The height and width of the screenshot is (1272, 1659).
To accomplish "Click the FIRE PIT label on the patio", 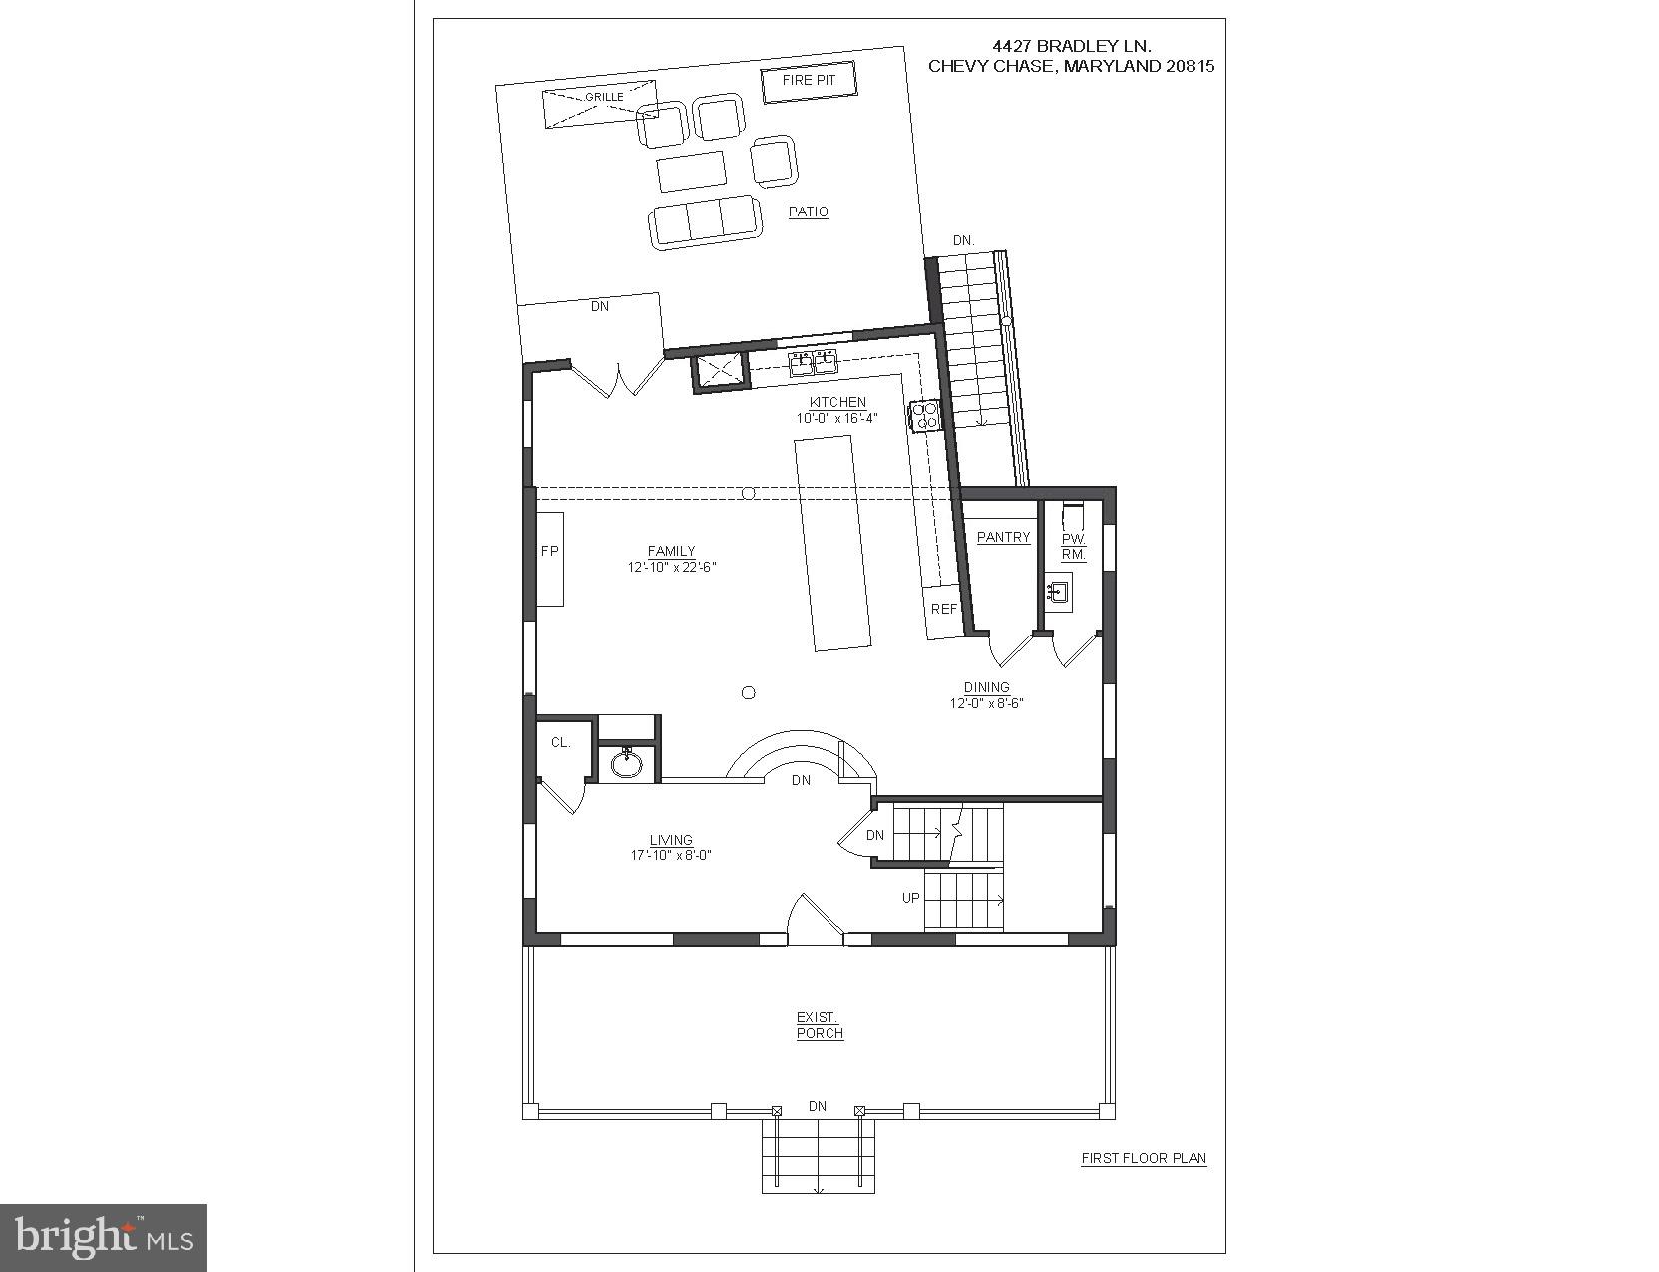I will [x=809, y=81].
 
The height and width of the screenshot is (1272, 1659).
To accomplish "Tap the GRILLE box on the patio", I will [x=599, y=103].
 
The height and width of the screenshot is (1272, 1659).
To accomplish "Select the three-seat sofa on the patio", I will [x=704, y=220].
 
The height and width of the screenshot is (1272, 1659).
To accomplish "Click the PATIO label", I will [x=808, y=212].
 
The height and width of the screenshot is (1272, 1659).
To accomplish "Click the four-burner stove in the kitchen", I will [x=924, y=415].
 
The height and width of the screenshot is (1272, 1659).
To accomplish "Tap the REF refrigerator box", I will [x=943, y=609].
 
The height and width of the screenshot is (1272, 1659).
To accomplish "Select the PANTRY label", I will [x=1003, y=537].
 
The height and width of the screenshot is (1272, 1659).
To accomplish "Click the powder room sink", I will [x=1057, y=593].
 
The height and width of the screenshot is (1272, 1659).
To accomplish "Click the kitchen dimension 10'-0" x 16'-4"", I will [x=836, y=418].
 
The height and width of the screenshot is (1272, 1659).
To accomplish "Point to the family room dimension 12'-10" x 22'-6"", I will [x=671, y=566].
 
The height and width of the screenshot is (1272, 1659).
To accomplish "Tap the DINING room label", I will [x=986, y=687].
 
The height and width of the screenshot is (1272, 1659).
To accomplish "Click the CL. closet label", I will [x=560, y=742].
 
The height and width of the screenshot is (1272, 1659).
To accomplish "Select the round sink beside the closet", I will [x=627, y=764].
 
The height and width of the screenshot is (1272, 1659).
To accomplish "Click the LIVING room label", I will [x=671, y=840].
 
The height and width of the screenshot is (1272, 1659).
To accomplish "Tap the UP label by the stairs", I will [x=910, y=898].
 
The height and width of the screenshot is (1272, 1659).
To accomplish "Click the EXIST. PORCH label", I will [x=819, y=1025].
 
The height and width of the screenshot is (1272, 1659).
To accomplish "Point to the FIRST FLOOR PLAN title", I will [x=1143, y=1158].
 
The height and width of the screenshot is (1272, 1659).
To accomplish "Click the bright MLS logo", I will [x=104, y=1238].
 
